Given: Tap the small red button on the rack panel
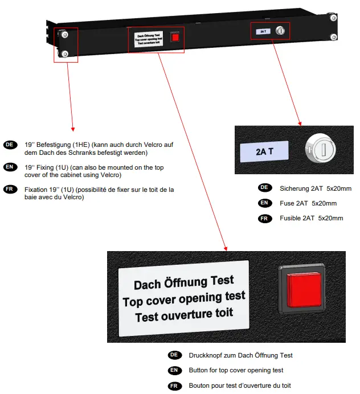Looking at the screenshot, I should click(176, 37).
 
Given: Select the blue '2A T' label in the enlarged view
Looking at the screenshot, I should click(264, 151).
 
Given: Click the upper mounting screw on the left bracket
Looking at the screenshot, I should click(65, 35).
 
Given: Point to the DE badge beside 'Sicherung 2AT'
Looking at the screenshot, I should click(264, 188).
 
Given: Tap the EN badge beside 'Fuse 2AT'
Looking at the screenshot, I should click(264, 203).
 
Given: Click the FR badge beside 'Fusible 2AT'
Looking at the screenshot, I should click(264, 218).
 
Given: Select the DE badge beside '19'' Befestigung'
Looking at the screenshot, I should click(9, 145).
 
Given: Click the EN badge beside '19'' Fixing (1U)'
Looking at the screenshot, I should click(9, 167).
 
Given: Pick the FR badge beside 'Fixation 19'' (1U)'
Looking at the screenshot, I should click(9, 190).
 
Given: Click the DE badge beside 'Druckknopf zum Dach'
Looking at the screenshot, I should click(174, 355).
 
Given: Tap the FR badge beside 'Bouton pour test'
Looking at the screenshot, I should click(174, 385).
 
